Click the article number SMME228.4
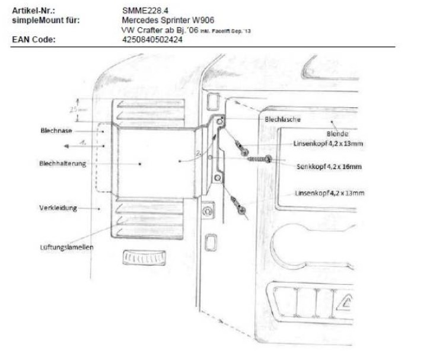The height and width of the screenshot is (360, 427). pyautogui.click(x=143, y=11)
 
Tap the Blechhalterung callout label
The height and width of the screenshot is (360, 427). pyautogui.click(x=62, y=164)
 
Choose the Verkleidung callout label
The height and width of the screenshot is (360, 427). pyautogui.click(x=56, y=208)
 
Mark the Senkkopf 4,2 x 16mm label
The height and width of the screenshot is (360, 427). pyautogui.click(x=329, y=167)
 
